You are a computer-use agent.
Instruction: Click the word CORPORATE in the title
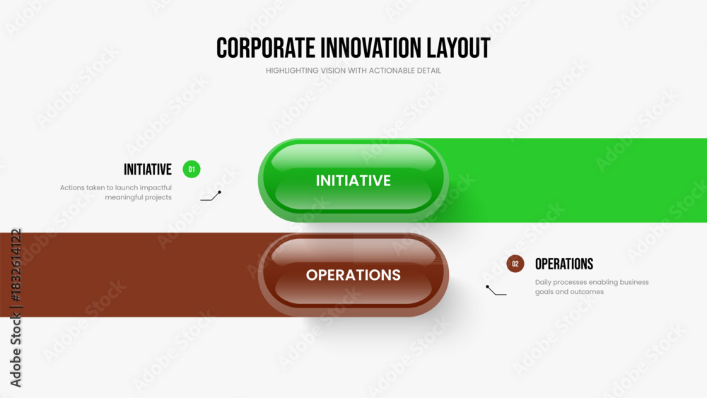(266, 48)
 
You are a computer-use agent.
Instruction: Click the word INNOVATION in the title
(370, 48)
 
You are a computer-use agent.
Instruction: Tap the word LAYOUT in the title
(458, 48)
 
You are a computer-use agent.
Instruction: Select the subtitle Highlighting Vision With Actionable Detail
(353, 70)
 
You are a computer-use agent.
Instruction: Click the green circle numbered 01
(192, 170)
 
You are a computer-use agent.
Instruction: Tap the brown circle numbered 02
(515, 264)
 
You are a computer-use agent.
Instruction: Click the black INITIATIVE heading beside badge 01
(148, 170)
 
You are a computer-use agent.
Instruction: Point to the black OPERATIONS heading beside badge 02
(564, 264)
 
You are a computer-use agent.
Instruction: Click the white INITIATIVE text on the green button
(353, 181)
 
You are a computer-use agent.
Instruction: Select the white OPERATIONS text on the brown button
(353, 275)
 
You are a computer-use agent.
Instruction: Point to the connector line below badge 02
(496, 291)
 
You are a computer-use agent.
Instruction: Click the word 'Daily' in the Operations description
(543, 282)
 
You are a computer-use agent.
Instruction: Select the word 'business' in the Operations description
(634, 282)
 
